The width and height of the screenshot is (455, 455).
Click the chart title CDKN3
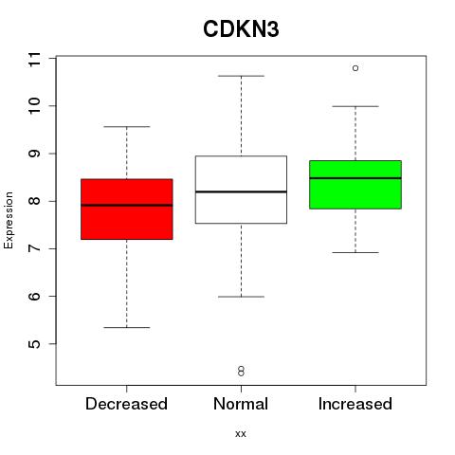tap(241, 29)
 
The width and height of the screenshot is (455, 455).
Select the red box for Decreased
tap(127, 209)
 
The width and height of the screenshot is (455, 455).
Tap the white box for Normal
tap(241, 190)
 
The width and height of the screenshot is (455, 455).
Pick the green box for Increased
tap(355, 185)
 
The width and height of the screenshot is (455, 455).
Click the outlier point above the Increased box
tap(355, 68)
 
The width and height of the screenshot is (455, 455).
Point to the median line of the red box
tap(127, 205)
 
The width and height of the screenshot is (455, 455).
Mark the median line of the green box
tap(355, 178)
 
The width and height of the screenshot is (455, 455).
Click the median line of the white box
tap(241, 191)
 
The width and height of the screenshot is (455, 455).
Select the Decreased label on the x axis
tap(126, 404)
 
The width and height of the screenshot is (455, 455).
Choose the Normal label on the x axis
tap(241, 404)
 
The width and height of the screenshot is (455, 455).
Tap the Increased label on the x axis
tap(355, 404)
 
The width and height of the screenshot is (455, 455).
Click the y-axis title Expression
tap(9, 220)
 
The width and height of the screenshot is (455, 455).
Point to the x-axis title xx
tap(241, 434)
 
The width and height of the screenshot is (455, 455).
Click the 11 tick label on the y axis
tap(34, 59)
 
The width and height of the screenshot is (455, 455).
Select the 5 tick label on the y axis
tap(34, 344)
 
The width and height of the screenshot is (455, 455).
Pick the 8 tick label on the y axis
tap(34, 201)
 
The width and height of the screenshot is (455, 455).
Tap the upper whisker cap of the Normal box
tap(241, 76)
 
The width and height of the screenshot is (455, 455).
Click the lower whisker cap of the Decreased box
tap(127, 327)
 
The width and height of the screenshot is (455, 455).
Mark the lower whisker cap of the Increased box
tap(355, 252)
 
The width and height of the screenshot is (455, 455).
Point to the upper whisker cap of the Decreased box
tap(127, 127)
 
